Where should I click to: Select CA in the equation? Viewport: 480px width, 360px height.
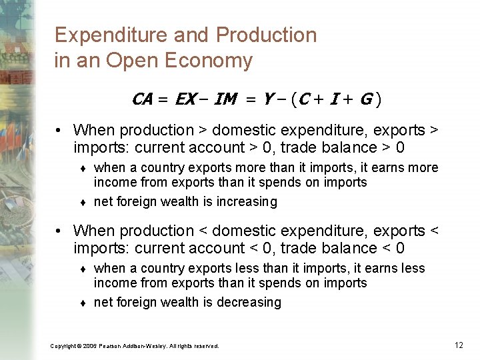[142, 100]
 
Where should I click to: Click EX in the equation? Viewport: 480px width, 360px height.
[185, 100]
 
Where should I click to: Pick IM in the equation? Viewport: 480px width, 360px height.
[226, 100]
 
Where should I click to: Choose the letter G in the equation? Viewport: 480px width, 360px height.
[365, 100]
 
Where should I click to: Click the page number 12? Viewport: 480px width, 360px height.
[459, 345]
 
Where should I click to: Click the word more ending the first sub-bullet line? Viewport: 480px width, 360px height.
[423, 167]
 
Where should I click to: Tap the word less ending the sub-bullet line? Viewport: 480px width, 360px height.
[411, 268]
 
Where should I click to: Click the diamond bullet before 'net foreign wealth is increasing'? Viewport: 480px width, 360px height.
[84, 202]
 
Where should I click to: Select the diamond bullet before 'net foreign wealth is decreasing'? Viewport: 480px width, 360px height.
[84, 303]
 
